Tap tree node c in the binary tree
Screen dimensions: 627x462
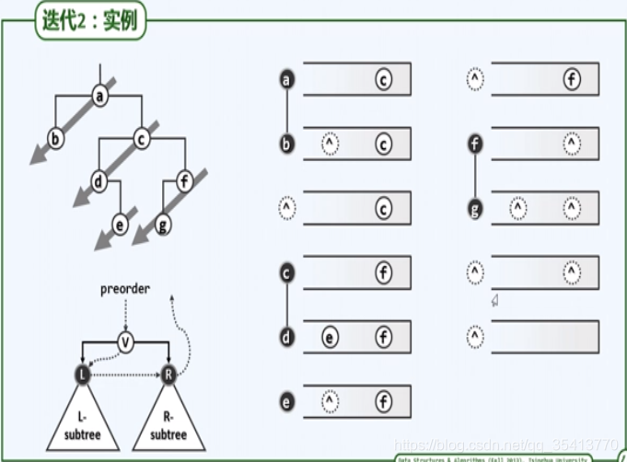pos(142,139)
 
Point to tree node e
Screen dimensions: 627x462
pos(119,224)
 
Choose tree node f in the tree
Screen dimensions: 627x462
pos(184,180)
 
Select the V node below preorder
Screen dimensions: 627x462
pos(127,343)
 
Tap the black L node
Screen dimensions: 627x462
pos(83,374)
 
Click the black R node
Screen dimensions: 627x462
pos(170,374)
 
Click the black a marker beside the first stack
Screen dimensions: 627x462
pos(286,80)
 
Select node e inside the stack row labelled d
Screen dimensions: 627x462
pos(331,338)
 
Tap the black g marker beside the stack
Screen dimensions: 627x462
pos(475,210)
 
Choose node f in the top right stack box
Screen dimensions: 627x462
pos(572,80)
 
